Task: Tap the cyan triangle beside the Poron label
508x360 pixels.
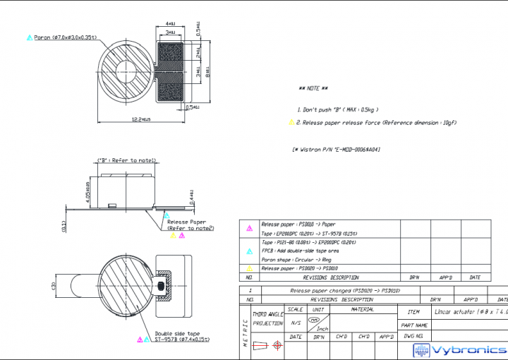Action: (x=29, y=37)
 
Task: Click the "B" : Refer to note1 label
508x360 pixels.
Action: (x=126, y=161)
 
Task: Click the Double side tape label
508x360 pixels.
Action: (x=177, y=334)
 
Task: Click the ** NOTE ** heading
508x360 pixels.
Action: (x=313, y=88)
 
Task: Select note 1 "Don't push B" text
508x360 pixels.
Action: (x=338, y=109)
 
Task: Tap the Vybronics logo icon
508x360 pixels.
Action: (x=422, y=351)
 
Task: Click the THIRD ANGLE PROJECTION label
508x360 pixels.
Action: (x=268, y=318)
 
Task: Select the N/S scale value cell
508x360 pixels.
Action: (x=296, y=323)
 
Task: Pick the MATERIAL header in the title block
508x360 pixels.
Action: (x=363, y=309)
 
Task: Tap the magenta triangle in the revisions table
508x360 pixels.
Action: (x=249, y=228)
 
